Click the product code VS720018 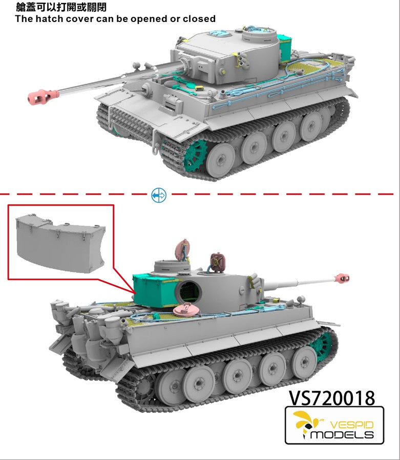coord(332,398)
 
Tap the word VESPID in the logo coord(351,425)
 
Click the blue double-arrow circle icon coord(159,195)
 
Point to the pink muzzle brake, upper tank coord(43,96)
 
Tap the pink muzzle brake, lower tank coord(341,278)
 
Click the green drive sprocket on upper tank coord(196,155)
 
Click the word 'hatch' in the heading coord(49,19)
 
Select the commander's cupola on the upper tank coord(259,36)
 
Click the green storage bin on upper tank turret coord(285,48)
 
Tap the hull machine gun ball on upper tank coord(146,89)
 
